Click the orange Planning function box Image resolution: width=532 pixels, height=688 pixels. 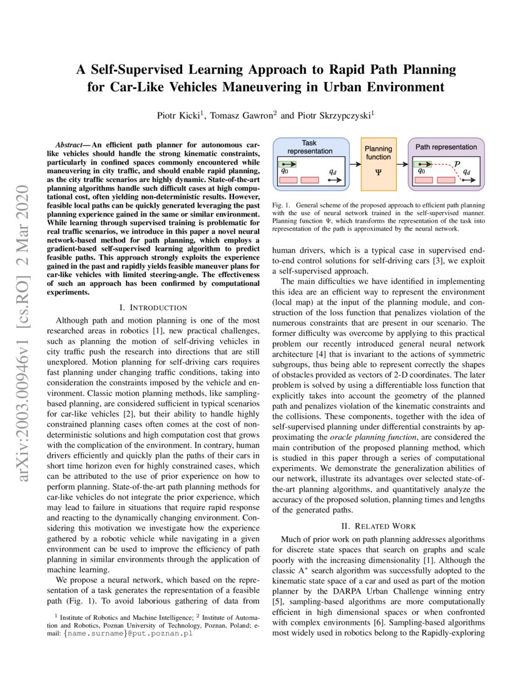(x=379, y=164)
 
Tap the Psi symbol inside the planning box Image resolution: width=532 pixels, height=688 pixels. (x=379, y=170)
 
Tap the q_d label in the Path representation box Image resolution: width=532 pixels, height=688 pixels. (x=467, y=171)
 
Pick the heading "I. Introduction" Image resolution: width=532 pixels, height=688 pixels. (x=153, y=307)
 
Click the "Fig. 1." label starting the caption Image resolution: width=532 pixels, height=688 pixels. (x=280, y=205)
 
